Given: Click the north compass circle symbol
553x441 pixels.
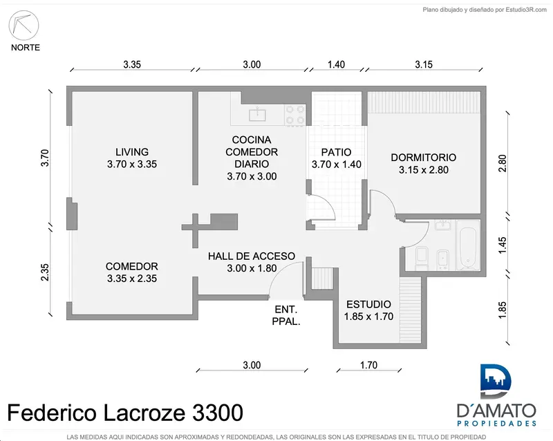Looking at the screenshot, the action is (24, 26).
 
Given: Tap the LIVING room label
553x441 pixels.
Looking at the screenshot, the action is (132, 152).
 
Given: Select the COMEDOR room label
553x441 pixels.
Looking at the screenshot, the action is (132, 266).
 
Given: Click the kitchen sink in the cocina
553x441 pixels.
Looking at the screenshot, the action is (257, 115).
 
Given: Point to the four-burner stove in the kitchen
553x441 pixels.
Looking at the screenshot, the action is (295, 115).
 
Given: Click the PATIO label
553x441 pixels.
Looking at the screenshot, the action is (336, 152).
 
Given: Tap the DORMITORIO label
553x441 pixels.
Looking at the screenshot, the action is (424, 158).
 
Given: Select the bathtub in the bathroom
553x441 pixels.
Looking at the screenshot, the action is (468, 245).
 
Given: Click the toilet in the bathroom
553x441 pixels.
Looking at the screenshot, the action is (422, 258).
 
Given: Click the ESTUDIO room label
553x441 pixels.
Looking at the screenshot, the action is (368, 304).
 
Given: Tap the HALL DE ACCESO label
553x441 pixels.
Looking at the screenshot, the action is (252, 256).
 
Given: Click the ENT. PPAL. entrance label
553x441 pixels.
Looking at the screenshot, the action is (286, 315).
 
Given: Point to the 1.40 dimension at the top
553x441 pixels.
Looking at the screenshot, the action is (336, 64).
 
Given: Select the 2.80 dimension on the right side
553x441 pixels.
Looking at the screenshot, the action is (503, 163).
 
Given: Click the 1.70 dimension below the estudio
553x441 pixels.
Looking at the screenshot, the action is (368, 365).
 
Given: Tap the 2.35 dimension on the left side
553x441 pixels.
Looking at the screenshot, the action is (45, 272).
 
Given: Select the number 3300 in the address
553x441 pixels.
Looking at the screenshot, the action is (218, 413).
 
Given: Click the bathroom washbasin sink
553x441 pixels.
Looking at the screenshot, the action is (442, 225).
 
